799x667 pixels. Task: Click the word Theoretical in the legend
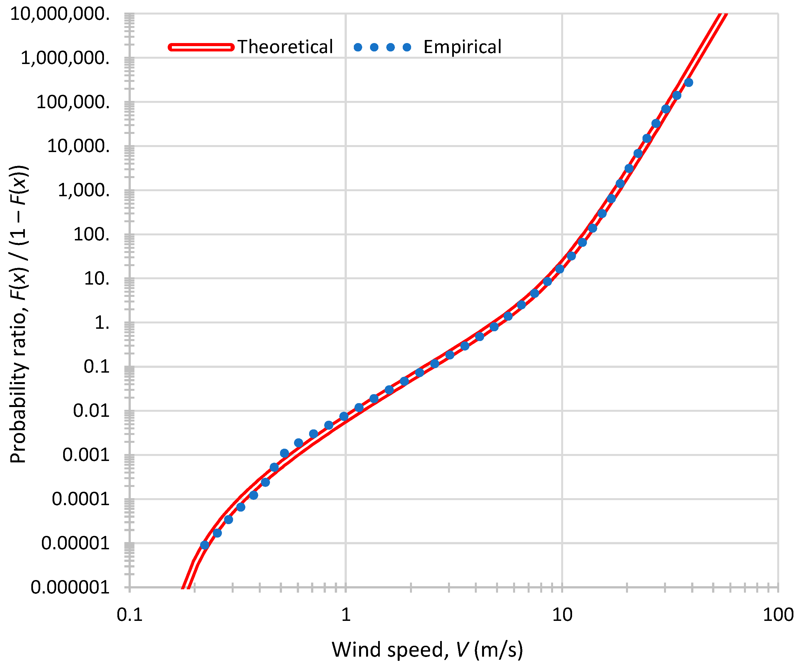pos(285,47)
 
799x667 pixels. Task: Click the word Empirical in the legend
pos(462,47)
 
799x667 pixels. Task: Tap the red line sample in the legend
pos(201,47)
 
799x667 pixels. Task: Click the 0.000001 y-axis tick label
pos(70,588)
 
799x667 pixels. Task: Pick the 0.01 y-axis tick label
pos(91,411)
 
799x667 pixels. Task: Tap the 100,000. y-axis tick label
pos(73,102)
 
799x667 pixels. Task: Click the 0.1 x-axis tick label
pos(130,614)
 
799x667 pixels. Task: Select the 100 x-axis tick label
pos(778,614)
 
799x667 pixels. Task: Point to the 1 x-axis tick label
pos(345,614)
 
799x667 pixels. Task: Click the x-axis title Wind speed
pos(427,649)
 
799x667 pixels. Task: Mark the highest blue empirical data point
pos(688,82)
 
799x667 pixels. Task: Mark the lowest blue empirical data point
pos(205,545)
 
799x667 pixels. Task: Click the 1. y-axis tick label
pos(102,323)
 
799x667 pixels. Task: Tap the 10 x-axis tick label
pos(562,614)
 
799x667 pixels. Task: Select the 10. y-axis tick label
pos(97,278)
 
